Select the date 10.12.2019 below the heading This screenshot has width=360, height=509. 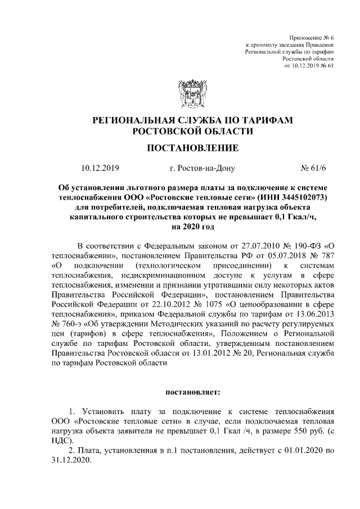100,168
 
